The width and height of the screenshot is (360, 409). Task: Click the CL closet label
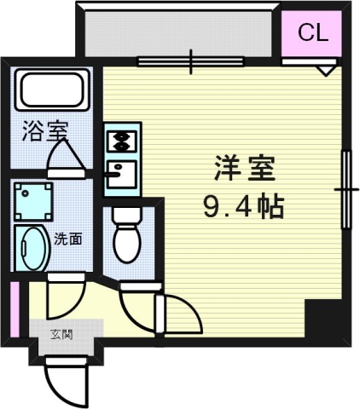(x=312, y=33)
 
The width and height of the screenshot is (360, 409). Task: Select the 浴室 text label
(x=44, y=132)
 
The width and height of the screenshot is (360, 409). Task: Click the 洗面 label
(x=68, y=239)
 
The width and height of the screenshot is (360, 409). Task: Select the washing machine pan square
(x=33, y=201)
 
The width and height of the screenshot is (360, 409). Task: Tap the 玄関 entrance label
(x=61, y=333)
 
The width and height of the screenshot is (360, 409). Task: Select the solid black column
(x=327, y=321)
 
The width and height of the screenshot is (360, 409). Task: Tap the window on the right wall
(x=346, y=188)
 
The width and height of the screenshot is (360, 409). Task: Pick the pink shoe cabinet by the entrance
(x=15, y=309)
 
